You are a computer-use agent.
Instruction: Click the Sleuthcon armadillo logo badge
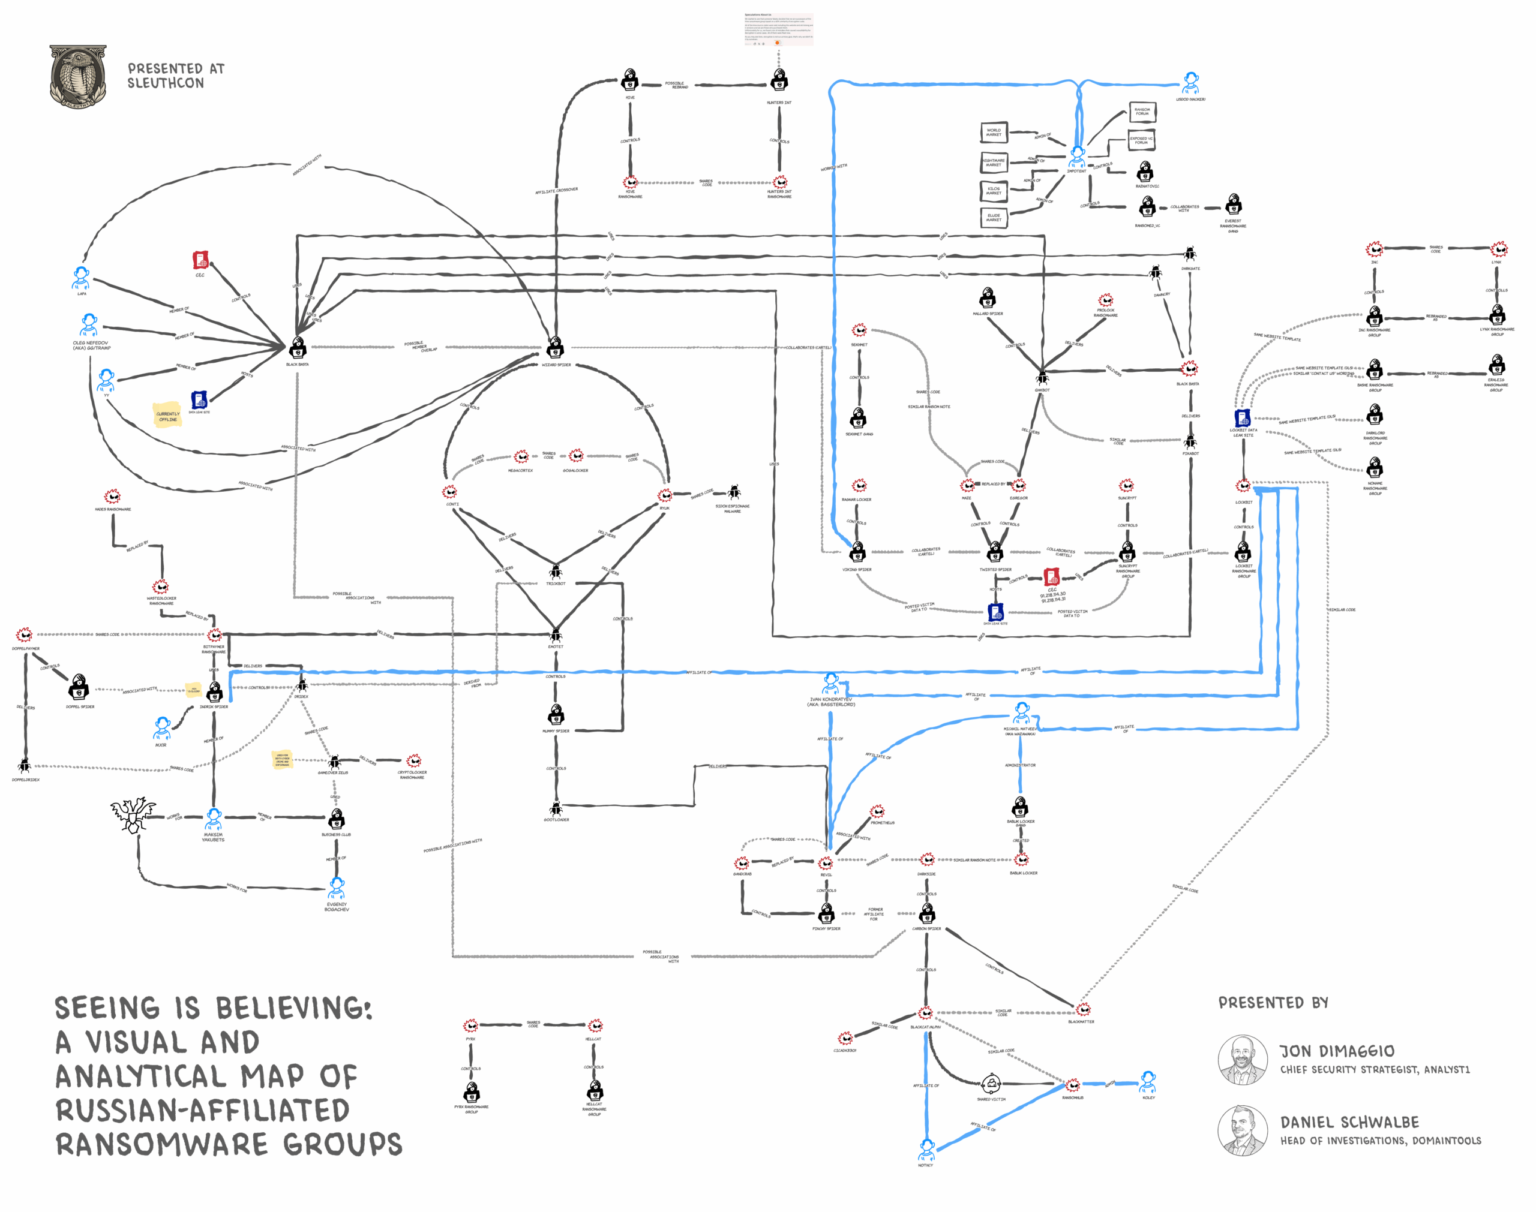[78, 77]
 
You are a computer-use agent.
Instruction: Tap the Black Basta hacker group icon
[298, 348]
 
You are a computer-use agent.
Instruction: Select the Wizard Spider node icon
[556, 348]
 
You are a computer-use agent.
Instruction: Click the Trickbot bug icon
[556, 572]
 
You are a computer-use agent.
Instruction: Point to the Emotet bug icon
[556, 634]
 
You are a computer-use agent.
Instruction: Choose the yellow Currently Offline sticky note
[168, 416]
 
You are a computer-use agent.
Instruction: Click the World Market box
[994, 132]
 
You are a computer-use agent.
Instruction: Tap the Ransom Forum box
[1142, 112]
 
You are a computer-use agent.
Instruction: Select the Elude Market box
[994, 217]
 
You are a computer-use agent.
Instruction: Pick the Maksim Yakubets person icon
[214, 820]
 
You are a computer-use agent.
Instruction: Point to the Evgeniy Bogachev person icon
[337, 889]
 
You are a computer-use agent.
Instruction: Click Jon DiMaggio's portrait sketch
[1243, 1060]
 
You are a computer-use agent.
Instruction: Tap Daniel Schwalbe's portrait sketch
[1243, 1131]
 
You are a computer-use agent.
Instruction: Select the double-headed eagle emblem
[133, 814]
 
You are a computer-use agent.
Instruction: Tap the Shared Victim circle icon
[991, 1084]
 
